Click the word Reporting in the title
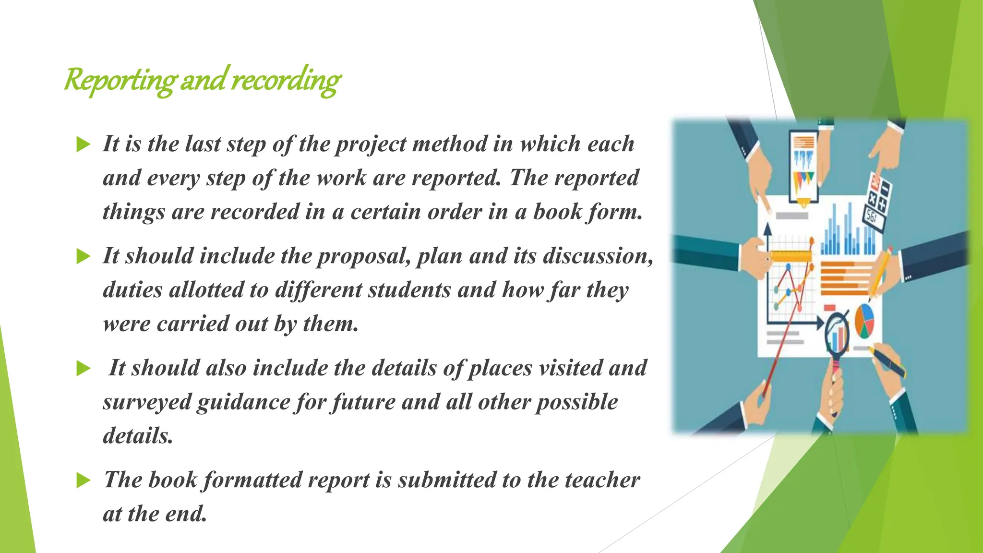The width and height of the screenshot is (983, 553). [120, 80]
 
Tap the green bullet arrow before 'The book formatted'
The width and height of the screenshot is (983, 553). [84, 481]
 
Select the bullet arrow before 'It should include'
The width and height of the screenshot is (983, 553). [84, 256]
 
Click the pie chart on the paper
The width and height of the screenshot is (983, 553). [864, 321]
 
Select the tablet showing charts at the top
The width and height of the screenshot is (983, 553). [804, 166]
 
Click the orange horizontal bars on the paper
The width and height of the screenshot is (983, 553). [845, 278]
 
